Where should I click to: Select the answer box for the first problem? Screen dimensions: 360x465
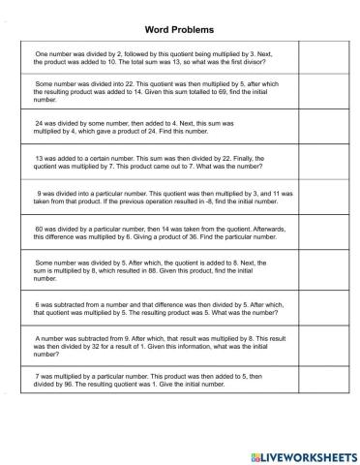point(317,55)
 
